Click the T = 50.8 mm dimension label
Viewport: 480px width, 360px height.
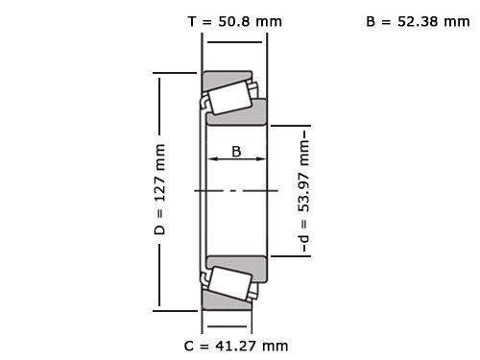coord(234,20)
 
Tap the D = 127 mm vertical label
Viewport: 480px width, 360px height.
coord(160,190)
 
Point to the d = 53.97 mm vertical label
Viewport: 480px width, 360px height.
coord(304,190)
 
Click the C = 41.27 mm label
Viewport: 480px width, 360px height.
coord(235,345)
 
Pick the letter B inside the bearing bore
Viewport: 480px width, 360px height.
coord(237,151)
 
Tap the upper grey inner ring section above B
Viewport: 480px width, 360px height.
coord(237,116)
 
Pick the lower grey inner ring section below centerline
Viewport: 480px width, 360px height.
coord(237,263)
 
